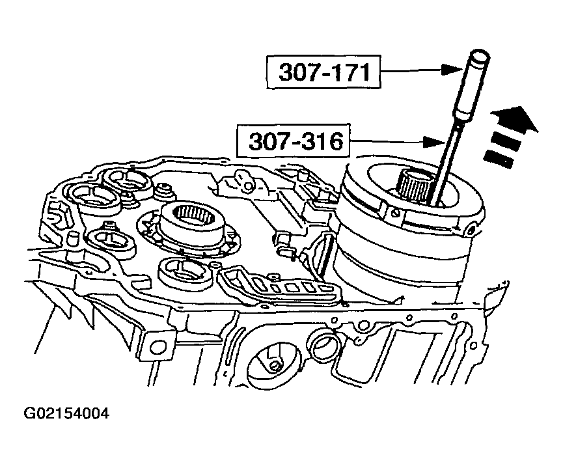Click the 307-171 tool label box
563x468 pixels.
[x=323, y=72]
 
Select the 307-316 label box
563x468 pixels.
[x=293, y=141]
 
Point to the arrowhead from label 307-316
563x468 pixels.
[x=434, y=142]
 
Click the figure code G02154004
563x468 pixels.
[x=66, y=413]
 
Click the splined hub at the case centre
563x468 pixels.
[x=194, y=215]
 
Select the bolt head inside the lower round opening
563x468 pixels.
[x=275, y=366]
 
